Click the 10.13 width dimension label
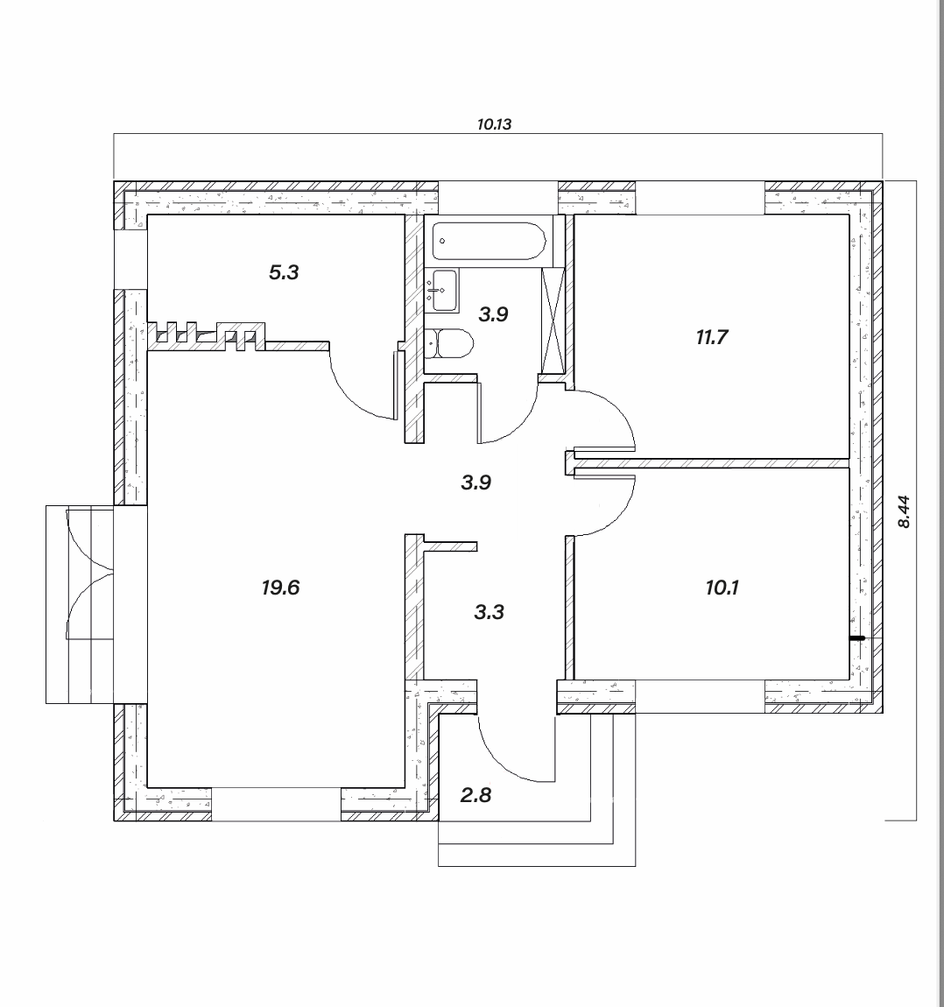click(494, 124)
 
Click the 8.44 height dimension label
click(904, 511)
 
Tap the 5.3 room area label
click(284, 272)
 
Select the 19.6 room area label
click(280, 587)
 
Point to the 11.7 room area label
click(712, 336)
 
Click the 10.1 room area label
click(722, 587)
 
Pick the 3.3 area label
click(490, 611)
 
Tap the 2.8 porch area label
click(476, 795)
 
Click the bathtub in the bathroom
click(489, 241)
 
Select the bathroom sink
click(444, 291)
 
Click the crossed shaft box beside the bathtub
click(553, 320)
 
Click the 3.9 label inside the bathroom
click(493, 314)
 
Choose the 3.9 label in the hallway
click(476, 482)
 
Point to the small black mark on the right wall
click(856, 638)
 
